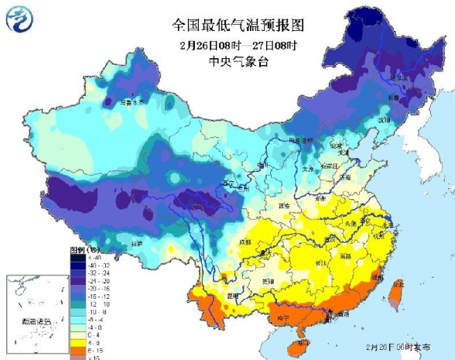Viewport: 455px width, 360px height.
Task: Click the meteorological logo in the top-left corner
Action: point(21,18)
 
